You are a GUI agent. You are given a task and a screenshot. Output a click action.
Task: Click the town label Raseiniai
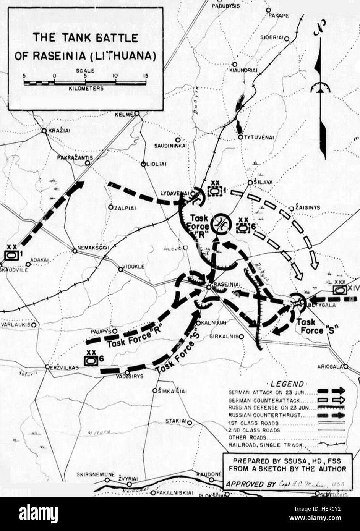pos(227,285)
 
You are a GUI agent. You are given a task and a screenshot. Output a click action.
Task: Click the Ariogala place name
pos(330,367)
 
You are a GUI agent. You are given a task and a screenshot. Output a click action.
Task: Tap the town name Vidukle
pos(133,267)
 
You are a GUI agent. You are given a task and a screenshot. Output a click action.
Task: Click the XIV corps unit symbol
pos(339,290)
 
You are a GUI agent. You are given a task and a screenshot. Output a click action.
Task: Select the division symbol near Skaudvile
pos(11,254)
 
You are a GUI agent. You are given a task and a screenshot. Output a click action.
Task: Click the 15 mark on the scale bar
pos(144,76)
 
